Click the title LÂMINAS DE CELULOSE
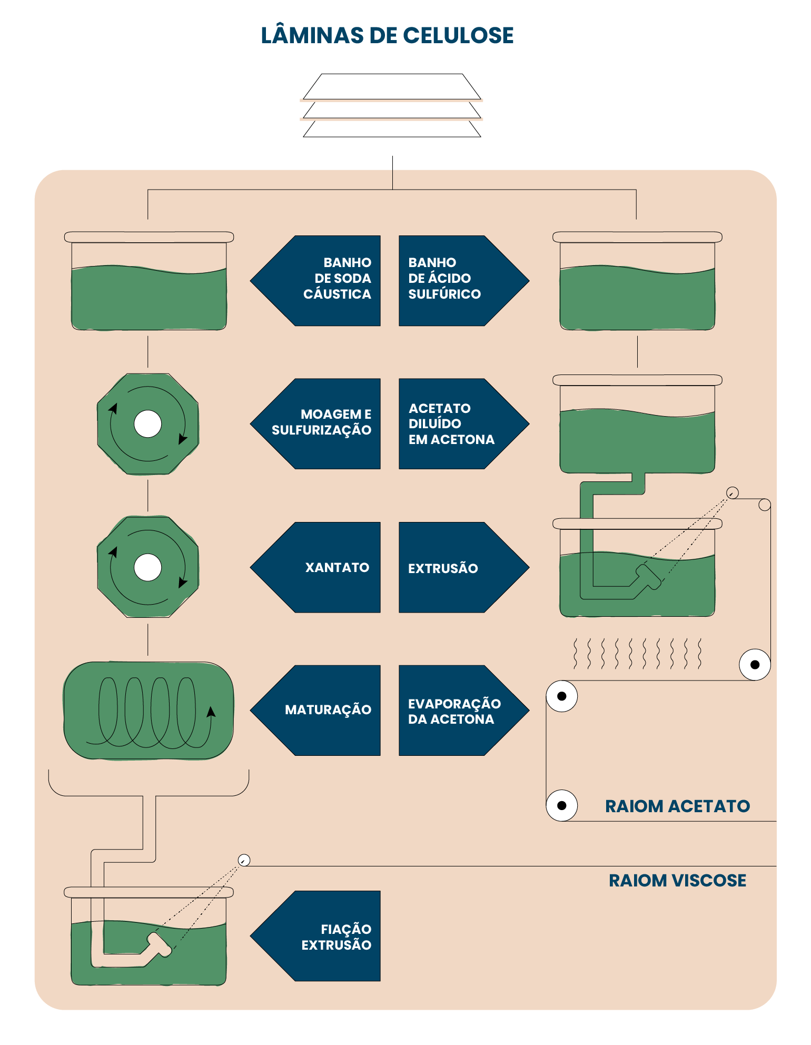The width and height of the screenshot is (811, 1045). (x=387, y=35)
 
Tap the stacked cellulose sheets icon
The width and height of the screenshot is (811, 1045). (x=392, y=105)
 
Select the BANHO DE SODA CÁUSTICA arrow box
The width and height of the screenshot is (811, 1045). (x=315, y=281)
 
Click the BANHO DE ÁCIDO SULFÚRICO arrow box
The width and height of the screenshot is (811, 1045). (x=464, y=281)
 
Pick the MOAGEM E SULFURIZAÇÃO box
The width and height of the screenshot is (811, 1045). (x=315, y=424)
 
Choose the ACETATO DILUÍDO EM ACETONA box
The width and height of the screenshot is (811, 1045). (x=464, y=424)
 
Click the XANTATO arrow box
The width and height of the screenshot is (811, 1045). (x=315, y=567)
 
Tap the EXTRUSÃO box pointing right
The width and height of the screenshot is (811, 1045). (x=464, y=567)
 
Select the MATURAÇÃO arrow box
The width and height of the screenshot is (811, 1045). (x=315, y=711)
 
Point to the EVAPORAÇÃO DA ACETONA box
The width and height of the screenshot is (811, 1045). (x=464, y=711)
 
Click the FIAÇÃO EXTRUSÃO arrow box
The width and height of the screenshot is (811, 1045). (x=315, y=936)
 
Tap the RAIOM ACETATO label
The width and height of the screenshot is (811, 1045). (x=677, y=806)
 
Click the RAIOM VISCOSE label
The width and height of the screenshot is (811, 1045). (x=677, y=880)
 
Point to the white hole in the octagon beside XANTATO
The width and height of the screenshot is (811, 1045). (x=148, y=567)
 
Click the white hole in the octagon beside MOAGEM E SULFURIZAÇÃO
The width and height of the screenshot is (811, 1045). (x=148, y=424)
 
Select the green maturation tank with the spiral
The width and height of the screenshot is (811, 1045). (x=149, y=711)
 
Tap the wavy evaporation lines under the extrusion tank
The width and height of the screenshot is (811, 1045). (x=637, y=654)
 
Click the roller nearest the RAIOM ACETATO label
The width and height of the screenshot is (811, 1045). (x=562, y=805)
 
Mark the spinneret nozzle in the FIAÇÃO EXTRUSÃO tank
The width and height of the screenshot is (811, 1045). (x=160, y=945)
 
